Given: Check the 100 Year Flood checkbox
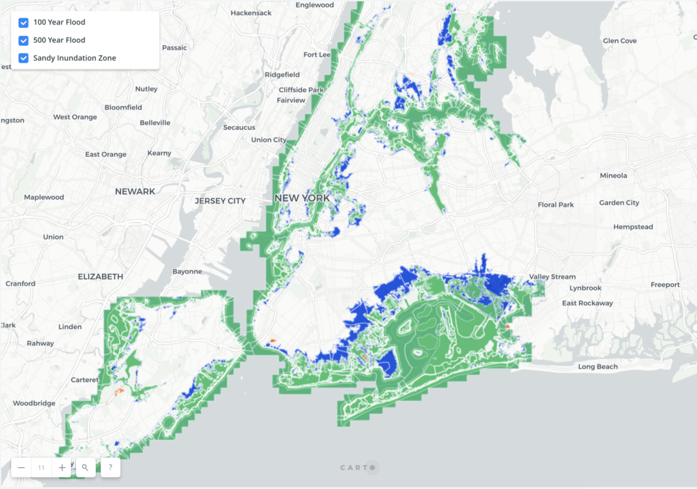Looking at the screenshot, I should (24, 22).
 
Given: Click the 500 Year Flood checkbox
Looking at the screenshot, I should (24, 40).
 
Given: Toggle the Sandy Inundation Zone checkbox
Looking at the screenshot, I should (24, 58).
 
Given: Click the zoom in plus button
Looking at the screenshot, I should (62, 467).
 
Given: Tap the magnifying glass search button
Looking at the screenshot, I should (85, 467).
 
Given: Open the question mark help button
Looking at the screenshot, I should (110, 467).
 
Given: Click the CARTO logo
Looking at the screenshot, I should (358, 467).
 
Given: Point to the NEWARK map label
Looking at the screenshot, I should (135, 191).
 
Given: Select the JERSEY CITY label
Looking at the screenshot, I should (220, 201).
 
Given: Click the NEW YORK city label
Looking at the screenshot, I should (302, 198).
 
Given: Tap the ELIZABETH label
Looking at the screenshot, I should (101, 277).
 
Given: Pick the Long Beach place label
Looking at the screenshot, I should (598, 367).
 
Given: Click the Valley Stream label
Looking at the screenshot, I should (553, 277).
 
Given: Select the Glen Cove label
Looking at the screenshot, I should (619, 41).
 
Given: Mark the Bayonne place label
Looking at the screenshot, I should (187, 271).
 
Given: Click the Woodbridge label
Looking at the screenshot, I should (34, 403).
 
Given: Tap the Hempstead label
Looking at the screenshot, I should (632, 227).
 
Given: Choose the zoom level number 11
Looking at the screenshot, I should (42, 467).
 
